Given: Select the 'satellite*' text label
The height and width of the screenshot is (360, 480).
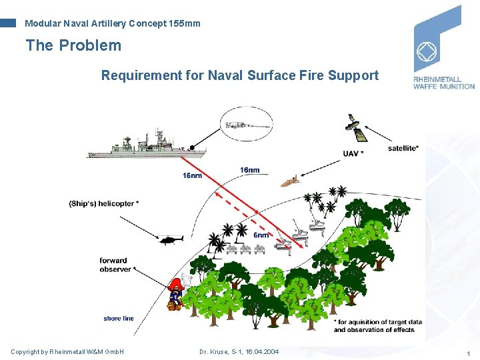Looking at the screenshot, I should coord(403,148).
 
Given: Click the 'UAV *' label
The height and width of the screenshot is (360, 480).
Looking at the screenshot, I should coord(353,154).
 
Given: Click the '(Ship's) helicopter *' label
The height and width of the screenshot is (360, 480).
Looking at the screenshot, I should coord(104,203).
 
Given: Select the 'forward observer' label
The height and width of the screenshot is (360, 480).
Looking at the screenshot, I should coord(115,265).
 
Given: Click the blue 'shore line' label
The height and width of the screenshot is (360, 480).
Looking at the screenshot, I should coord(119,319).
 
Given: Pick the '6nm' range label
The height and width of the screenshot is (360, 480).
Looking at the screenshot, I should coord(261,235).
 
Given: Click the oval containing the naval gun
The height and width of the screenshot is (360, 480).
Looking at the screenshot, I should coord(246,125).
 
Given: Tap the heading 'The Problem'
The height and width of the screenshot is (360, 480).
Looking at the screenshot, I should coord(73,45).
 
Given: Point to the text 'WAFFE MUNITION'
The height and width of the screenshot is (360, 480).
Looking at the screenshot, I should coord(443,86).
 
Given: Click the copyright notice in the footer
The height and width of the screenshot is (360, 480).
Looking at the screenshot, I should coord(67,352).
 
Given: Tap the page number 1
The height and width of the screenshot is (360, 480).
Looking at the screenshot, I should coord(469,353).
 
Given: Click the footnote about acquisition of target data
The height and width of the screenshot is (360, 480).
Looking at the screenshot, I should coord(377,326).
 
